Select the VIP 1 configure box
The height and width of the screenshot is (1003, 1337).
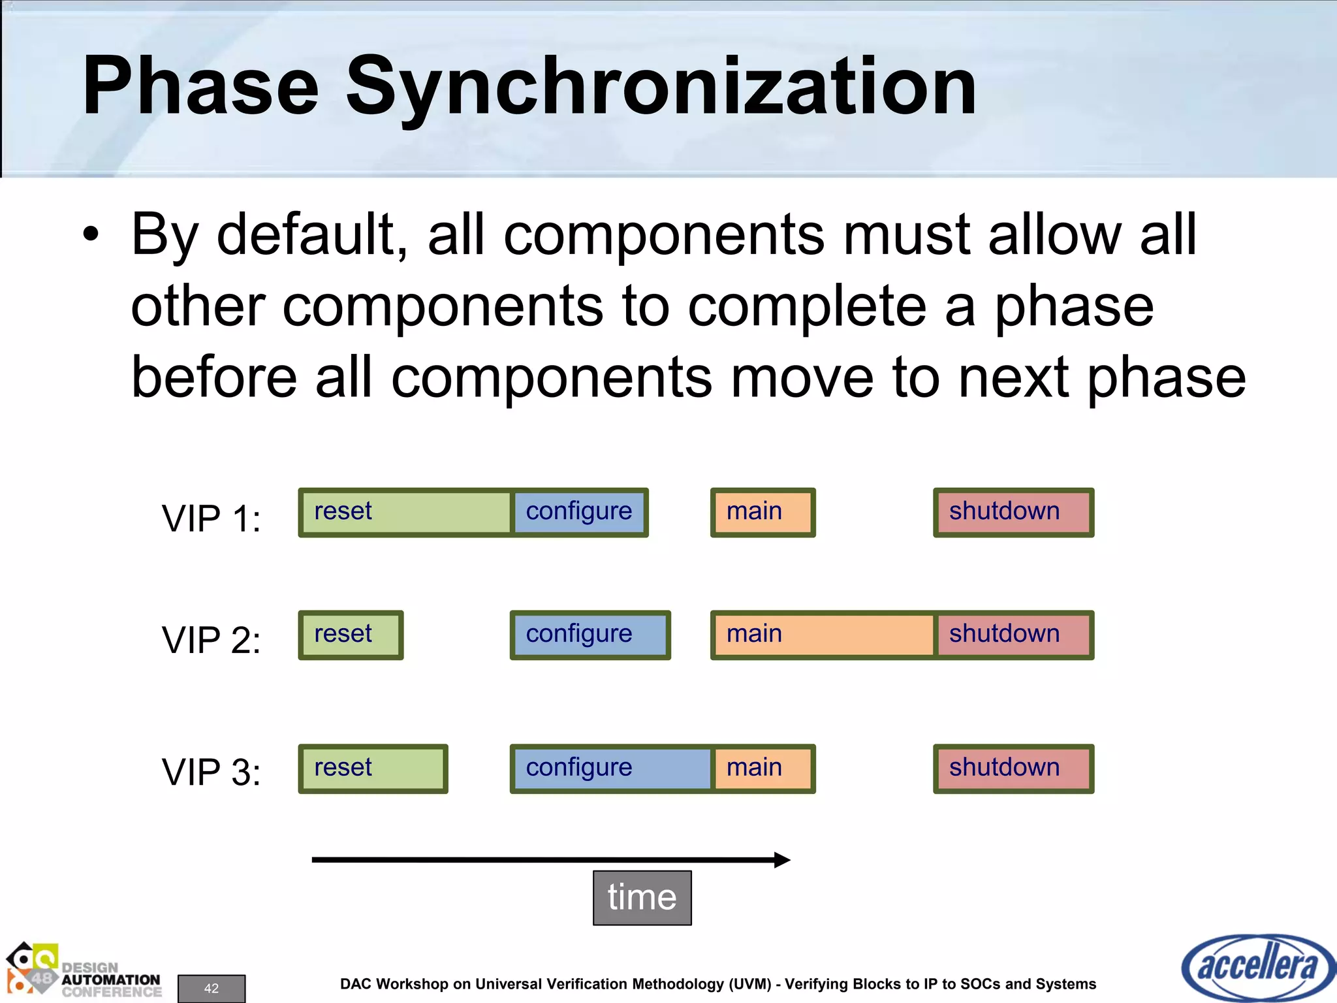click(x=580, y=513)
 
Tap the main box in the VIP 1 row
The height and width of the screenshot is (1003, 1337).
click(x=763, y=513)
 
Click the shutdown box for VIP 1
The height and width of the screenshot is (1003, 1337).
click(x=1013, y=513)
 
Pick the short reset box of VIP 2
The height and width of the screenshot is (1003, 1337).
click(x=351, y=635)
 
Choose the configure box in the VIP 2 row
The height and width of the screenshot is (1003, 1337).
click(x=590, y=635)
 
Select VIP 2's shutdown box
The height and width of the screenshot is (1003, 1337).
click(x=1014, y=635)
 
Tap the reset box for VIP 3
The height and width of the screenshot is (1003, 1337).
click(x=373, y=769)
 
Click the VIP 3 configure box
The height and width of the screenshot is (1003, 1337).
click(x=612, y=769)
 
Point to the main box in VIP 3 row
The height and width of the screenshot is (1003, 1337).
click(x=763, y=769)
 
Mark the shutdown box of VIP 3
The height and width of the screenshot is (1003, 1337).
click(x=1013, y=769)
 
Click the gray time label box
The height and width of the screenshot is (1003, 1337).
click(x=642, y=897)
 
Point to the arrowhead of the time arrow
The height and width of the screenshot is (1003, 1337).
click(x=782, y=859)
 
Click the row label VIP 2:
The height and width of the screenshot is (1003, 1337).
click(x=211, y=639)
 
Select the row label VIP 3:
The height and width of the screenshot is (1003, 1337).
click(x=211, y=772)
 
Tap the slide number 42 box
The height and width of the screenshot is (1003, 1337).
click(x=212, y=988)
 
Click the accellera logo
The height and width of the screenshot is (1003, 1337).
click(x=1257, y=967)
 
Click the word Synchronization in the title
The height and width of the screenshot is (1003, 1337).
click(x=661, y=86)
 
